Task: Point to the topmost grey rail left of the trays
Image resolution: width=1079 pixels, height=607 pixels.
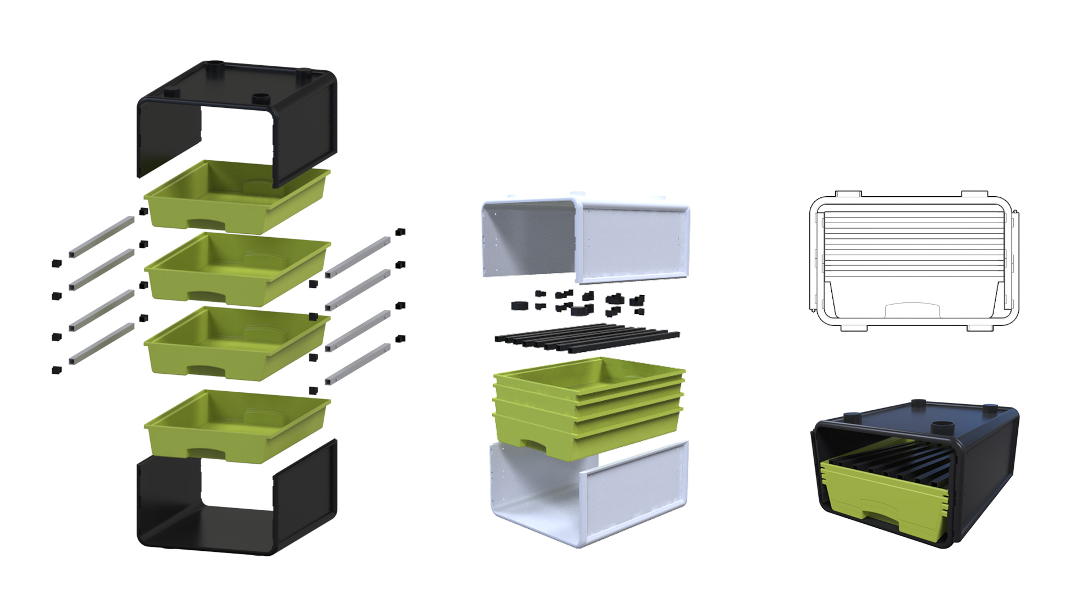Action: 101,237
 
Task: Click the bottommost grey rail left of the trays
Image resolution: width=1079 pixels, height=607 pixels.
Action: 101,343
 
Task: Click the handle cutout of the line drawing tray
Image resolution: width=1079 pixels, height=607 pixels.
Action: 912,310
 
